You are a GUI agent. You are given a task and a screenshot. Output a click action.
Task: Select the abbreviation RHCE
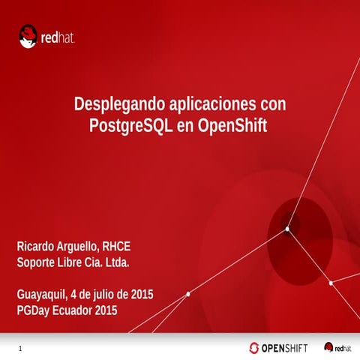tap(117, 246)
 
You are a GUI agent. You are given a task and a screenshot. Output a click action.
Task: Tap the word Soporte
tap(37, 262)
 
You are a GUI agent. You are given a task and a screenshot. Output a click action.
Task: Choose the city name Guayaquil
tap(41, 294)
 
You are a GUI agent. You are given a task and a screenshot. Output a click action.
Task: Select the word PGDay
tap(34, 310)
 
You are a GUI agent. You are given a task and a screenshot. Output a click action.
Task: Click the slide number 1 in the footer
tap(19, 349)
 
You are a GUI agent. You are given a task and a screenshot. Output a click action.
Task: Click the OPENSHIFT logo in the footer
tap(280, 347)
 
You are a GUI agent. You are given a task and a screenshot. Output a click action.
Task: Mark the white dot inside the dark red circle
tap(286, 229)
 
